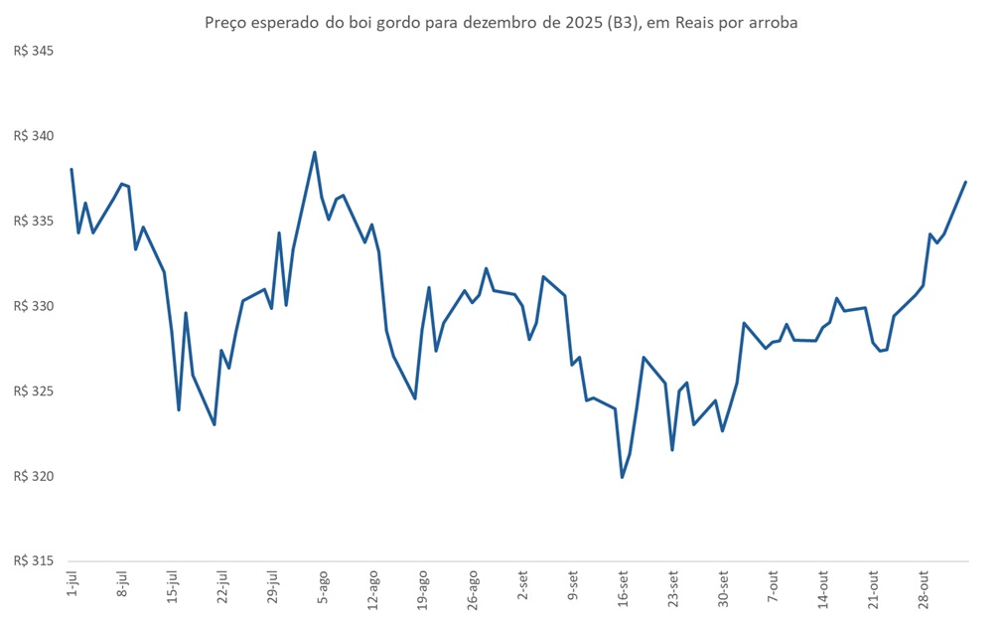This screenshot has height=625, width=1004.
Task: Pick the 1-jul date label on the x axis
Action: tap(72, 585)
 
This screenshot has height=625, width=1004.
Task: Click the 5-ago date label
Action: tap(322, 587)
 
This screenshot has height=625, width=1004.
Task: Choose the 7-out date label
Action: tap(773, 587)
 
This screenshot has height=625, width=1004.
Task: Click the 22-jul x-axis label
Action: tap(221, 587)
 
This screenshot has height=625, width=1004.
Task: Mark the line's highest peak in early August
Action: tap(315, 152)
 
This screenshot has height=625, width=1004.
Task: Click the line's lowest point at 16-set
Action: tap(623, 477)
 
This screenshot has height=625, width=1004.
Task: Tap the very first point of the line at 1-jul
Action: tap(72, 169)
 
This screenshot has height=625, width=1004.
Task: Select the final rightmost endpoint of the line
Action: tap(965, 182)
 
